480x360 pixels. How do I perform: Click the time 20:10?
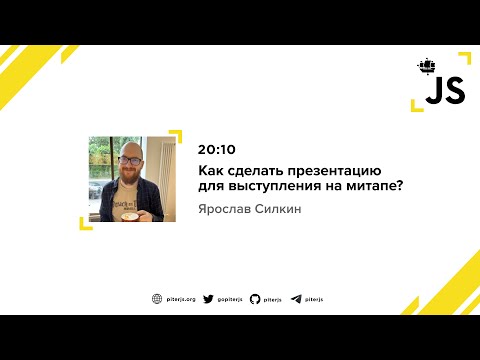click(215, 149)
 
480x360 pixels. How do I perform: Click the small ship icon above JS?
click(427, 67)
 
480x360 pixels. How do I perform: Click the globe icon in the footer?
click(157, 298)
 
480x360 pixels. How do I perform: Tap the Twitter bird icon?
click(208, 298)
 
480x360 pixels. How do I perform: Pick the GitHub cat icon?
click(255, 298)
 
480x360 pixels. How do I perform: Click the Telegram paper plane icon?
click(296, 298)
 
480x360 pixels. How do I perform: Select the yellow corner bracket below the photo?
click(87, 224)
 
